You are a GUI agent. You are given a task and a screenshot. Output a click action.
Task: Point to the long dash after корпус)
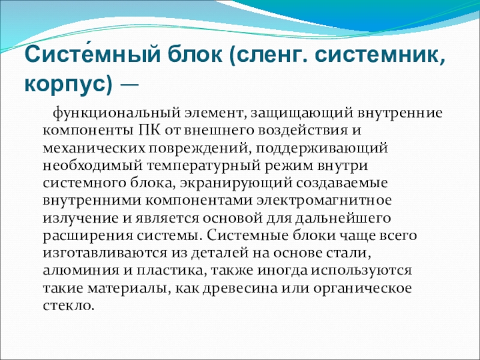click(x=130, y=84)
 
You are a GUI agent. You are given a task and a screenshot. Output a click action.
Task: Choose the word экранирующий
click(x=236, y=184)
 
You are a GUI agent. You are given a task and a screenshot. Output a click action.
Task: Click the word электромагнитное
click(x=324, y=201)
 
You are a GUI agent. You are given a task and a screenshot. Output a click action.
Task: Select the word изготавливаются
click(x=104, y=254)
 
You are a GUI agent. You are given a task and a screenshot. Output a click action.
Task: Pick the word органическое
click(x=362, y=289)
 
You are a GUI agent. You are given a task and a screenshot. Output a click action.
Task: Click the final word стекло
click(x=68, y=306)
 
